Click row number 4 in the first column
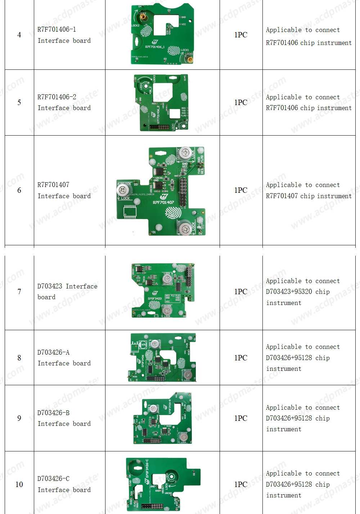pos(19,35)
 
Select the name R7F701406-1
pos(57,29)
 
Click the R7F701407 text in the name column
pos(53,185)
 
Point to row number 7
pos(19,292)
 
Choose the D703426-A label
pos(53,352)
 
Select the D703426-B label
pos(53,413)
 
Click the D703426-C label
pos(53,479)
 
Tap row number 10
pos(19,485)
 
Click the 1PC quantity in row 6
pos(240,190)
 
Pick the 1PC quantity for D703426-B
pos(240,418)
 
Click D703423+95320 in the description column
pos(289,292)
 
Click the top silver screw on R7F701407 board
pos(185,153)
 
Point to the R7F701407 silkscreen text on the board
pos(163,203)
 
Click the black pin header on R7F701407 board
pos(183,192)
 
